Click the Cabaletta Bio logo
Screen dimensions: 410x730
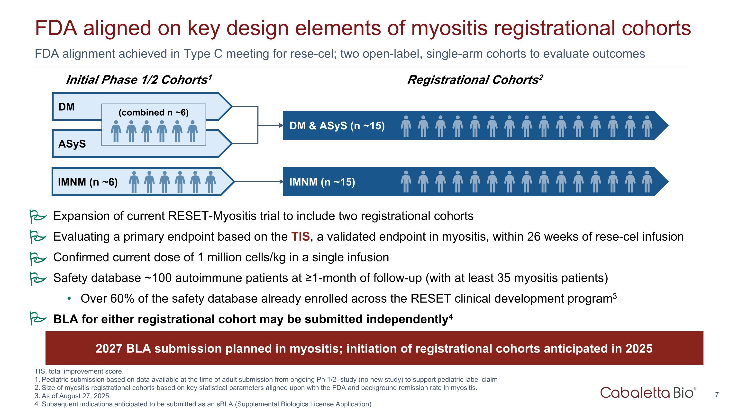[648, 393]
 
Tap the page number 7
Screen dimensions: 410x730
[717, 394]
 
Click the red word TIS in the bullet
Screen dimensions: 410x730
[300, 236]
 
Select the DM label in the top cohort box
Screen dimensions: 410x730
[67, 107]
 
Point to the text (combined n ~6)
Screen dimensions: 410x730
[154, 113]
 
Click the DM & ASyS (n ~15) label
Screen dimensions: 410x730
[337, 126]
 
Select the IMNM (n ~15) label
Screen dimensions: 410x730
[322, 182]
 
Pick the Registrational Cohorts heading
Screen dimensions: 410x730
[475, 80]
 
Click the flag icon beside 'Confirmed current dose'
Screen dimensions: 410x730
[38, 258]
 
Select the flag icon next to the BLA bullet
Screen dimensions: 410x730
[38, 318]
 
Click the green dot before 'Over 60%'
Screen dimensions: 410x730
[69, 298]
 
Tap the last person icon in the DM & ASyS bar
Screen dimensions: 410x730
[647, 126]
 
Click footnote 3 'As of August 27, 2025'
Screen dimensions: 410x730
[73, 396]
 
